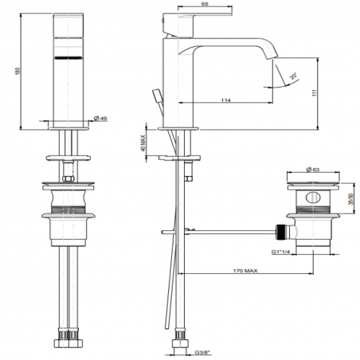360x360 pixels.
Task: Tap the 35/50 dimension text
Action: (351, 201)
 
